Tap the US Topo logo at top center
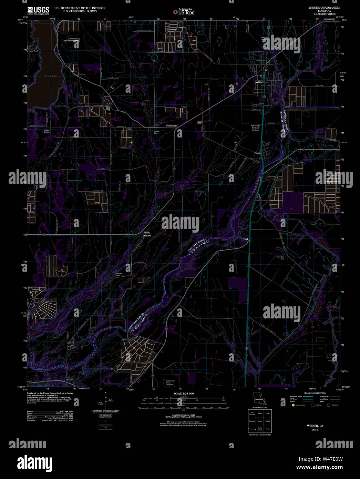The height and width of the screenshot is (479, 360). [x=184, y=12]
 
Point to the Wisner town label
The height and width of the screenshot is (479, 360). [x=259, y=82]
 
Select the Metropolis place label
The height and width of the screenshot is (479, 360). [x=172, y=126]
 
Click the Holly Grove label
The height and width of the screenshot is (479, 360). [x=147, y=234]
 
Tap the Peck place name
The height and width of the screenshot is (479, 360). [x=246, y=239]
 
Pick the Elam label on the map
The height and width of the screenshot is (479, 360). [x=257, y=153]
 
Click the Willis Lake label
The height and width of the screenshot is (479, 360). [x=51, y=76]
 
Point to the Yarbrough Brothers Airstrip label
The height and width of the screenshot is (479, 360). [x=255, y=128]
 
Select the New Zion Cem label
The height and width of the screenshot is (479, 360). [x=280, y=258]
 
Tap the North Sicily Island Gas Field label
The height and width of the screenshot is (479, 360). [x=168, y=383]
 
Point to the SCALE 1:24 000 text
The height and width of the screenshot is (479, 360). [x=184, y=394]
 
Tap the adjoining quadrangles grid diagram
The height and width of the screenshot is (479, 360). [x=259, y=421]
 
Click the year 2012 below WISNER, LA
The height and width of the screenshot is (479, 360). [x=315, y=430]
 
